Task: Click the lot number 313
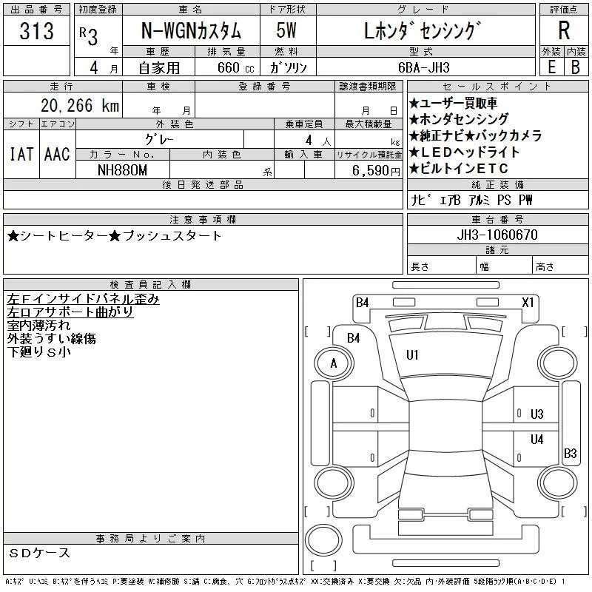pos(36,30)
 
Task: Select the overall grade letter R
pos(564,30)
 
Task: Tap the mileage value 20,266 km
pos(80,105)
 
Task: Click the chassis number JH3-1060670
pos(497,235)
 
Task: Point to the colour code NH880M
pos(122,170)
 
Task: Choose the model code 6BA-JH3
pos(424,67)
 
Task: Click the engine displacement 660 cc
pos(235,67)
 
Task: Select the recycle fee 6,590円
pos(376,170)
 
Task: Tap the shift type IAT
pos(21,154)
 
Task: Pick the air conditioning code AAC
pos(57,154)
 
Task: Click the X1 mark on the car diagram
pos(528,303)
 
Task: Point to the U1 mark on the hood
pos(412,355)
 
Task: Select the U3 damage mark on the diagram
pos(537,414)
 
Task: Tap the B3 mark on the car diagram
pos(570,453)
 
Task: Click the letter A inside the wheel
pos(334,363)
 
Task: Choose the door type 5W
pos(286,30)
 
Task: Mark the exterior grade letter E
pos(551,67)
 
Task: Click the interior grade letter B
pos(576,67)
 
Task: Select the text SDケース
pos(39,553)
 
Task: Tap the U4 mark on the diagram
pos(537,439)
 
